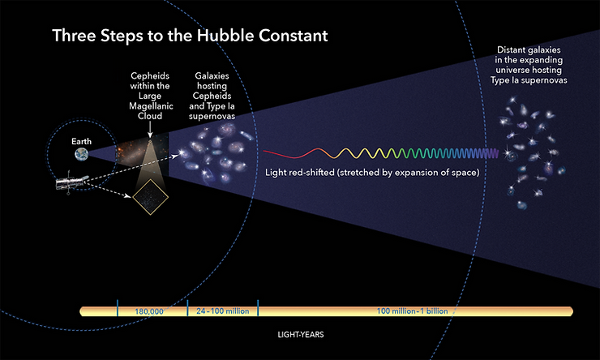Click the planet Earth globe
(x=82, y=155)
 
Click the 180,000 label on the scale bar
(x=150, y=311)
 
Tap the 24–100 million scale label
(x=222, y=311)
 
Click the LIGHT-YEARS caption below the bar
(x=300, y=333)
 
